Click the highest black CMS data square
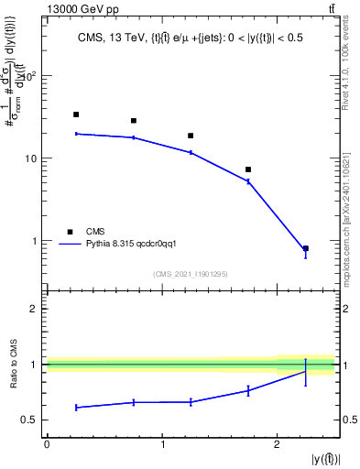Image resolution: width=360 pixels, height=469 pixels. pos(76,115)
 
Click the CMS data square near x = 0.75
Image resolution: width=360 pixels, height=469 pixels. pos(134,121)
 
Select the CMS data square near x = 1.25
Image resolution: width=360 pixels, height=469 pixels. pos(191,136)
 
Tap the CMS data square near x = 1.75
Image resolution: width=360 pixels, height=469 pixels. pos(248,169)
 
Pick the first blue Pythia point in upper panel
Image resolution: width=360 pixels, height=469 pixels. pos(76,134)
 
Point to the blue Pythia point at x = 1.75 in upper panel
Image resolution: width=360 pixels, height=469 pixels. pos(248,181)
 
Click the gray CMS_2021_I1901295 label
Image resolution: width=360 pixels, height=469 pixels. pos(191,274)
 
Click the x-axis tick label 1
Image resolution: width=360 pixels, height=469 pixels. pos(162,444)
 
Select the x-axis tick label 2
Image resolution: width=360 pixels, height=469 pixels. pos(277,444)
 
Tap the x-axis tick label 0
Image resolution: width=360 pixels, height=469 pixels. pos(47,444)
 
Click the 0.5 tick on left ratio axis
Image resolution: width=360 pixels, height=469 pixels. pos(32,420)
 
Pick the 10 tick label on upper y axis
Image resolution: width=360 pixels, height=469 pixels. pos(28,158)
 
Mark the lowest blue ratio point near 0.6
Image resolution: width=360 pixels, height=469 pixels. pos(76,407)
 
